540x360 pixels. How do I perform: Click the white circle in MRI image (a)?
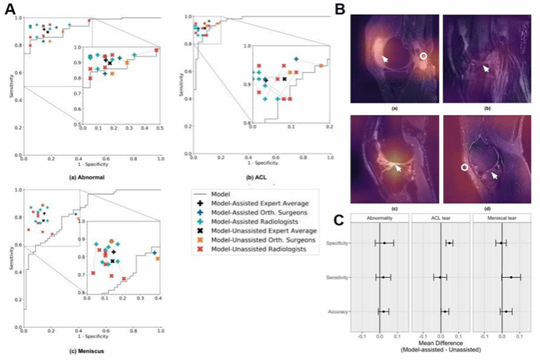click(x=423, y=56)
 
